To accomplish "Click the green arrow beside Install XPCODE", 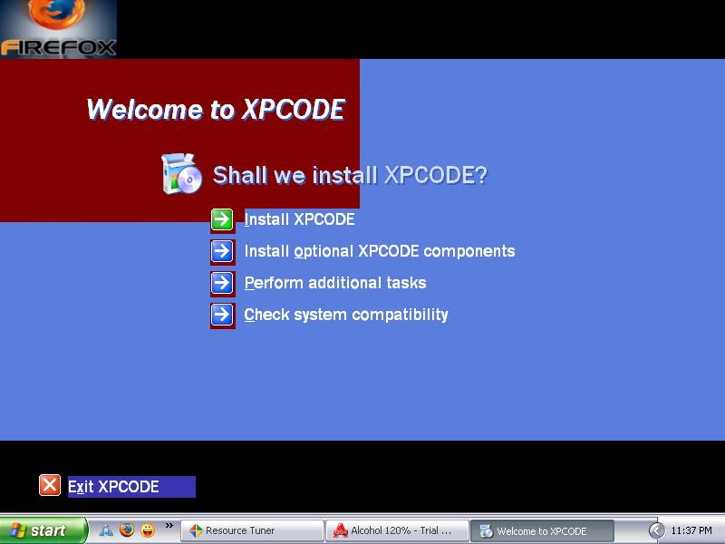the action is click(x=222, y=219).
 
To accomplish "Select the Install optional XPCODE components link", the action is click(x=379, y=251).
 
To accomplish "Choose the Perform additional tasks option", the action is click(x=334, y=283).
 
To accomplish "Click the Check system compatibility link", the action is click(x=346, y=315).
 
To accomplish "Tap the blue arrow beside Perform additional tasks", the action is click(x=222, y=283).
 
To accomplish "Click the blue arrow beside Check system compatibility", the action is click(x=222, y=315).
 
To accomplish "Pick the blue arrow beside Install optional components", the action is click(x=222, y=251).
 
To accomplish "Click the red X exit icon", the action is click(x=50, y=485).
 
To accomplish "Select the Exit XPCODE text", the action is click(x=113, y=487).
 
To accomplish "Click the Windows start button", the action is click(x=43, y=530).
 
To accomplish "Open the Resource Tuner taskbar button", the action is click(x=252, y=530).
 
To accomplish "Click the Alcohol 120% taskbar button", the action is click(x=397, y=530).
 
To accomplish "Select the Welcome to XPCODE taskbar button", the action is click(x=542, y=530).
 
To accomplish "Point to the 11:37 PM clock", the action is click(x=691, y=530).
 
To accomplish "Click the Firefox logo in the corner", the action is click(x=58, y=29).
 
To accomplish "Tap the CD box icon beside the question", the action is click(x=181, y=174).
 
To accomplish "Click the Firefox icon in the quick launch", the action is click(x=127, y=530).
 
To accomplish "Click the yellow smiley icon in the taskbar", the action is click(x=148, y=530).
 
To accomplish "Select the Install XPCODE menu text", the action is click(x=300, y=219).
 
